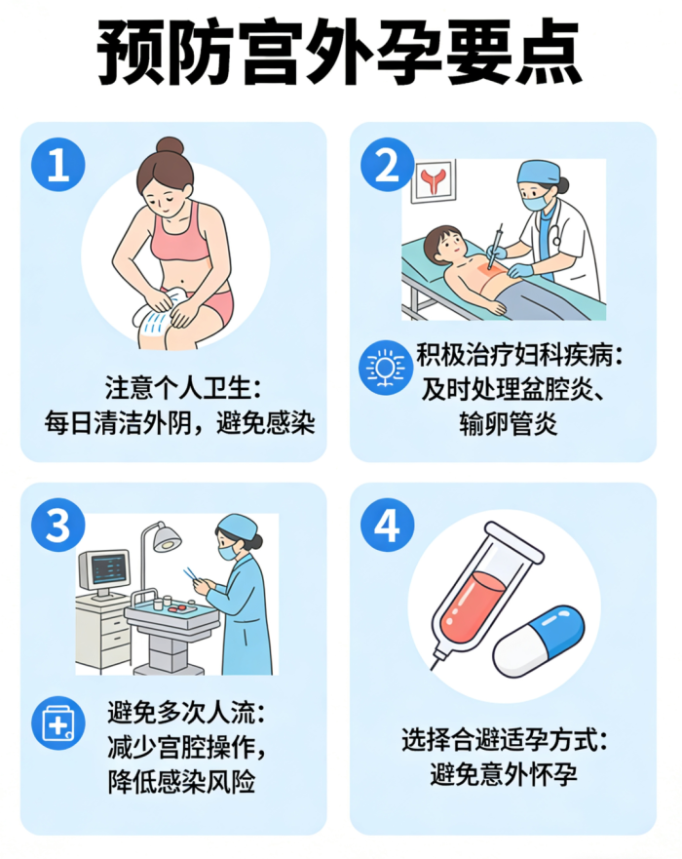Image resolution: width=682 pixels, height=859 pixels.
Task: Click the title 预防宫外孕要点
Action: point(339,54)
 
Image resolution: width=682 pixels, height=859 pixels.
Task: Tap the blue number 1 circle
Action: point(58,165)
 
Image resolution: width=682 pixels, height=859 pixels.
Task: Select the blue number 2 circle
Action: point(387,165)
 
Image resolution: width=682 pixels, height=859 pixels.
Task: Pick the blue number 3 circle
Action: point(58,526)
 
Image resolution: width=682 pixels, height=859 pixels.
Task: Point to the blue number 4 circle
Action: point(387,526)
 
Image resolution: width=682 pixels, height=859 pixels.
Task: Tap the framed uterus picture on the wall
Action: point(433,180)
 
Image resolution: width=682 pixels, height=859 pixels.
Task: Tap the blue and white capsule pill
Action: point(539,641)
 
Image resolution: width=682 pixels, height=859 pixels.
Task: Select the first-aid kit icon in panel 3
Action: point(58,723)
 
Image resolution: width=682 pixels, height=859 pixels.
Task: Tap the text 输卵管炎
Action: point(508,423)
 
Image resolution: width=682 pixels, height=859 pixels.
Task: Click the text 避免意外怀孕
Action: point(504,774)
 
